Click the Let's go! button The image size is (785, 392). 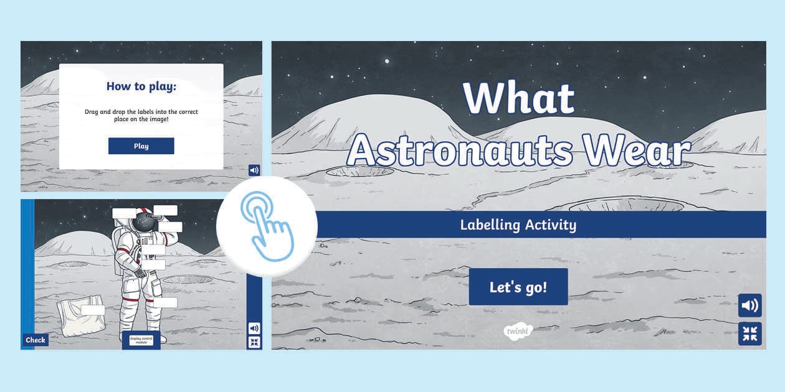[518, 287]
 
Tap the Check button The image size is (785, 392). [36, 340]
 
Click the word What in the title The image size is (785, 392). [519, 98]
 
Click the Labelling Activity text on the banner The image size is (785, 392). [518, 225]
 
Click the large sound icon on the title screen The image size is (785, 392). [750, 306]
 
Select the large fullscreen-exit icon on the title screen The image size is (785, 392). [750, 334]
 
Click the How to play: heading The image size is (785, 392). [141, 86]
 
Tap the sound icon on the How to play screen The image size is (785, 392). [254, 170]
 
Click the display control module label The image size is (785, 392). [141, 340]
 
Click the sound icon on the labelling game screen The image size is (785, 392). [254, 328]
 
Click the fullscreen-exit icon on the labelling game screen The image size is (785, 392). [254, 342]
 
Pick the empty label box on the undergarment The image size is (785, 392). [93, 310]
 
